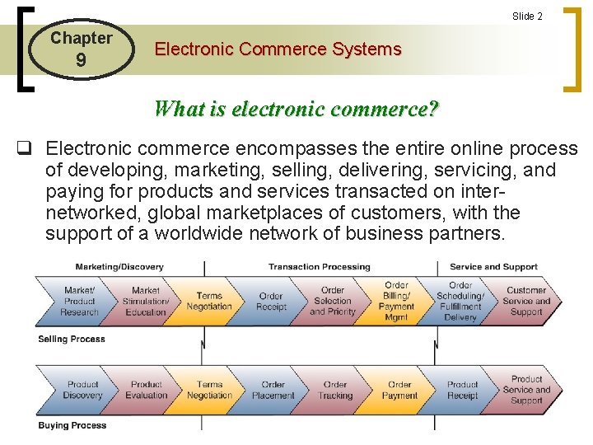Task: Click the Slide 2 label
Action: (527, 16)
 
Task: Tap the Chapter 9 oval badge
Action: (81, 49)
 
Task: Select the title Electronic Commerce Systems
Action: (278, 49)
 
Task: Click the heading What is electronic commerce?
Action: (296, 109)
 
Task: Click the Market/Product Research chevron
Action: (80, 302)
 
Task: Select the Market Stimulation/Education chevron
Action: (145, 302)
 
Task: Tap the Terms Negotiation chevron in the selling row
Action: (209, 302)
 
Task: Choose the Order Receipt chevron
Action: (271, 302)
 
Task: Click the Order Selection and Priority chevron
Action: (333, 302)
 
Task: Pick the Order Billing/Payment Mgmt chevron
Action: (396, 302)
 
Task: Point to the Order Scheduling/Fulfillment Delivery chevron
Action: (460, 302)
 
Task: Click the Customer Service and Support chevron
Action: (526, 302)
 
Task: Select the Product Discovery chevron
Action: (82, 390)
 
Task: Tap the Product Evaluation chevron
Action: (146, 390)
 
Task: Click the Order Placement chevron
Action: (273, 390)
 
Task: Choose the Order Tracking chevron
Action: (335, 390)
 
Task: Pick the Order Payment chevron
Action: (399, 390)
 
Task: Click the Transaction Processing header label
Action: (320, 267)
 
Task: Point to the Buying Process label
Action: (72, 426)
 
